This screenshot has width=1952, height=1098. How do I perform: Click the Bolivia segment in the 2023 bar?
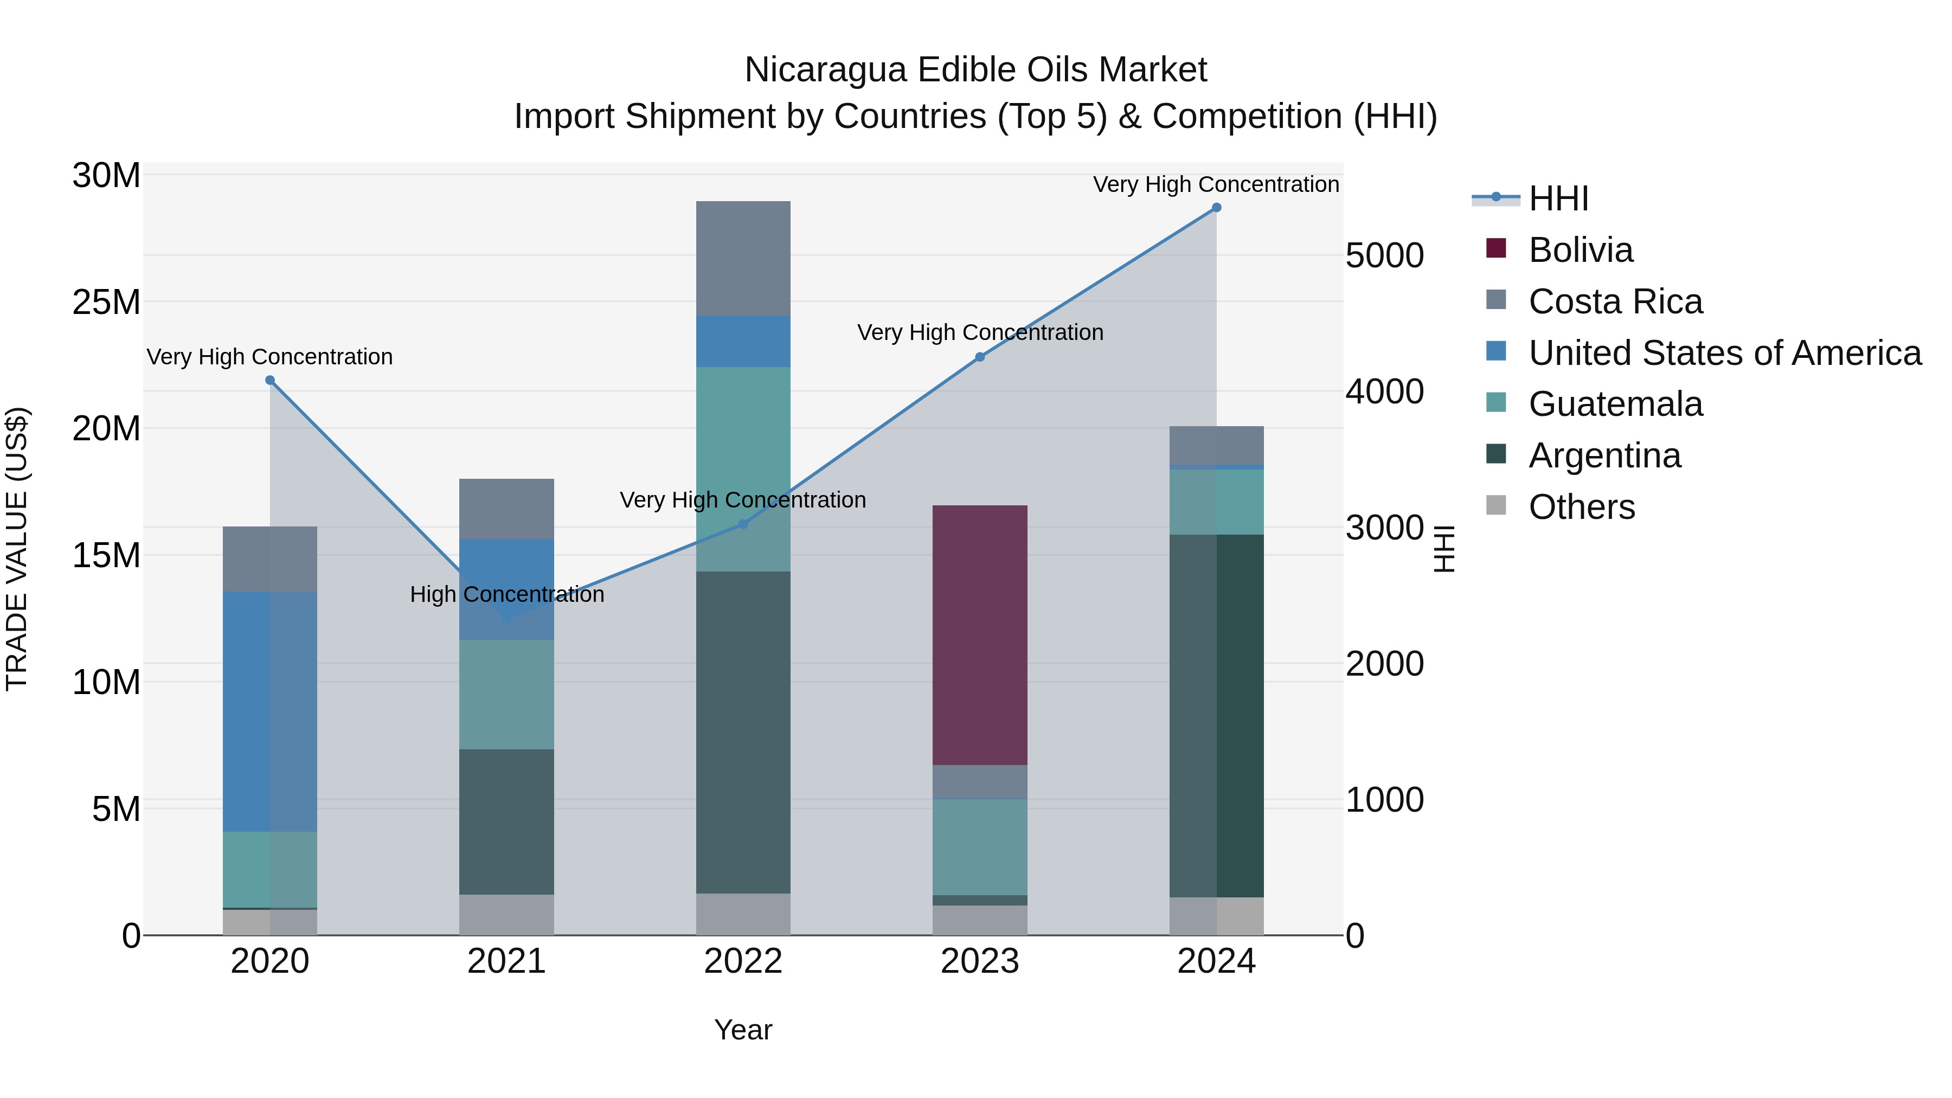tap(979, 635)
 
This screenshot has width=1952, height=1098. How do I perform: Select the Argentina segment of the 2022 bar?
tap(743, 732)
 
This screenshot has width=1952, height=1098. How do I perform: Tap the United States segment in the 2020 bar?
tap(270, 711)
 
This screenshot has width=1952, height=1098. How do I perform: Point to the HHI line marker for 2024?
tap(1216, 208)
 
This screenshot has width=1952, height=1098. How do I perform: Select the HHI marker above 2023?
tap(979, 357)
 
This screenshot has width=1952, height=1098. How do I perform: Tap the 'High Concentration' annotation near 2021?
tap(507, 595)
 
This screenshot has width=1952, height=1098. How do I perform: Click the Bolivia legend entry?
tap(1581, 250)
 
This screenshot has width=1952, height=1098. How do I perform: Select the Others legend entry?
tap(1582, 507)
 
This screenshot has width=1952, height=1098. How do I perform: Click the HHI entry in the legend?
tap(1558, 198)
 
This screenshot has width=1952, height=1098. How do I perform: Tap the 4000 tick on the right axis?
tap(1384, 392)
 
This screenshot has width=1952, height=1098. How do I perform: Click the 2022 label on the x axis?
tap(743, 961)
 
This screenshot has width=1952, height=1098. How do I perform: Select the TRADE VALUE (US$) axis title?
tap(17, 549)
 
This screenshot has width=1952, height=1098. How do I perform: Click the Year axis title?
tap(743, 1030)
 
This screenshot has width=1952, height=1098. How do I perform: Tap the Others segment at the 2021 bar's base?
tap(506, 915)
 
